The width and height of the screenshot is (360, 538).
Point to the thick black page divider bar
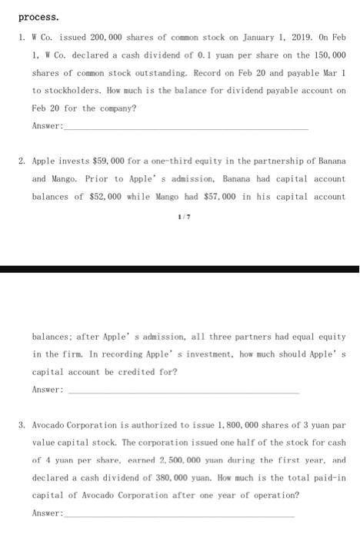tap(180, 269)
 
